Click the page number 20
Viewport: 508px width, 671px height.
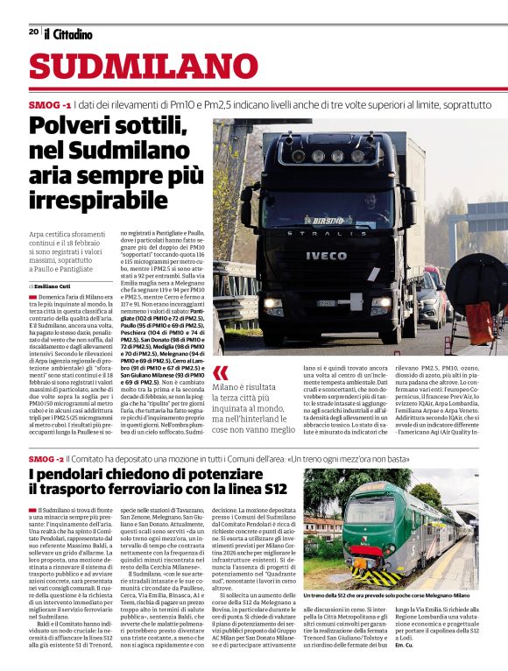coord(33,32)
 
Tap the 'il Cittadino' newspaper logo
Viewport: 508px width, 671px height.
coord(67,33)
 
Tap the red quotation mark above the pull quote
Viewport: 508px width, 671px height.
coord(221,372)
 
